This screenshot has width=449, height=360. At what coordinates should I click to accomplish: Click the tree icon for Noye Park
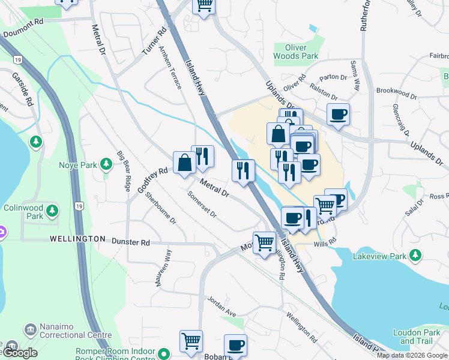coord(106,163)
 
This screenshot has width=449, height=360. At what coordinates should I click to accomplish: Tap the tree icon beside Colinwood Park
coord(53,211)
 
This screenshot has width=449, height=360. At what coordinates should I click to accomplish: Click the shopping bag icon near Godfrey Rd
coord(184,161)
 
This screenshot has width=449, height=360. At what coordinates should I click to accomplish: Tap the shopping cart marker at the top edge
coord(203,5)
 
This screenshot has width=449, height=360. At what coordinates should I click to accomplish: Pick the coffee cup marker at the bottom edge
coord(235,345)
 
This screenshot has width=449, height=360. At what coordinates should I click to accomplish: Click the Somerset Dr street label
coord(201,205)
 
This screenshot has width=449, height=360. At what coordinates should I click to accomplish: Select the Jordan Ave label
coord(221,305)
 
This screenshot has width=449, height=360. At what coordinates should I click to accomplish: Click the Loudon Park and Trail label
coord(417,336)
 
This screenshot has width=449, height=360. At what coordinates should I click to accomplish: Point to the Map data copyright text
coord(411,355)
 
